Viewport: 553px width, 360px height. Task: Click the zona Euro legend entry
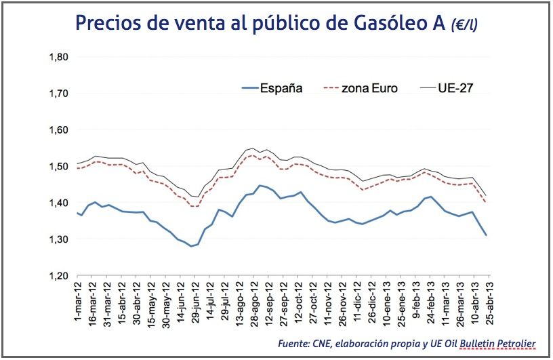click(369, 88)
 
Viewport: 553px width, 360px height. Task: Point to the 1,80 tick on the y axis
click(60, 57)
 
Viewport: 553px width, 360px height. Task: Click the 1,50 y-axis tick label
click(60, 167)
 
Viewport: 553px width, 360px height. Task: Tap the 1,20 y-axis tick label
click(60, 276)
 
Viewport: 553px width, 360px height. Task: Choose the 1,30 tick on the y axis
click(60, 239)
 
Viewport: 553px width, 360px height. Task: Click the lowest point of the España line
click(191, 246)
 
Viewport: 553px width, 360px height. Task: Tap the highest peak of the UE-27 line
click(253, 148)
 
